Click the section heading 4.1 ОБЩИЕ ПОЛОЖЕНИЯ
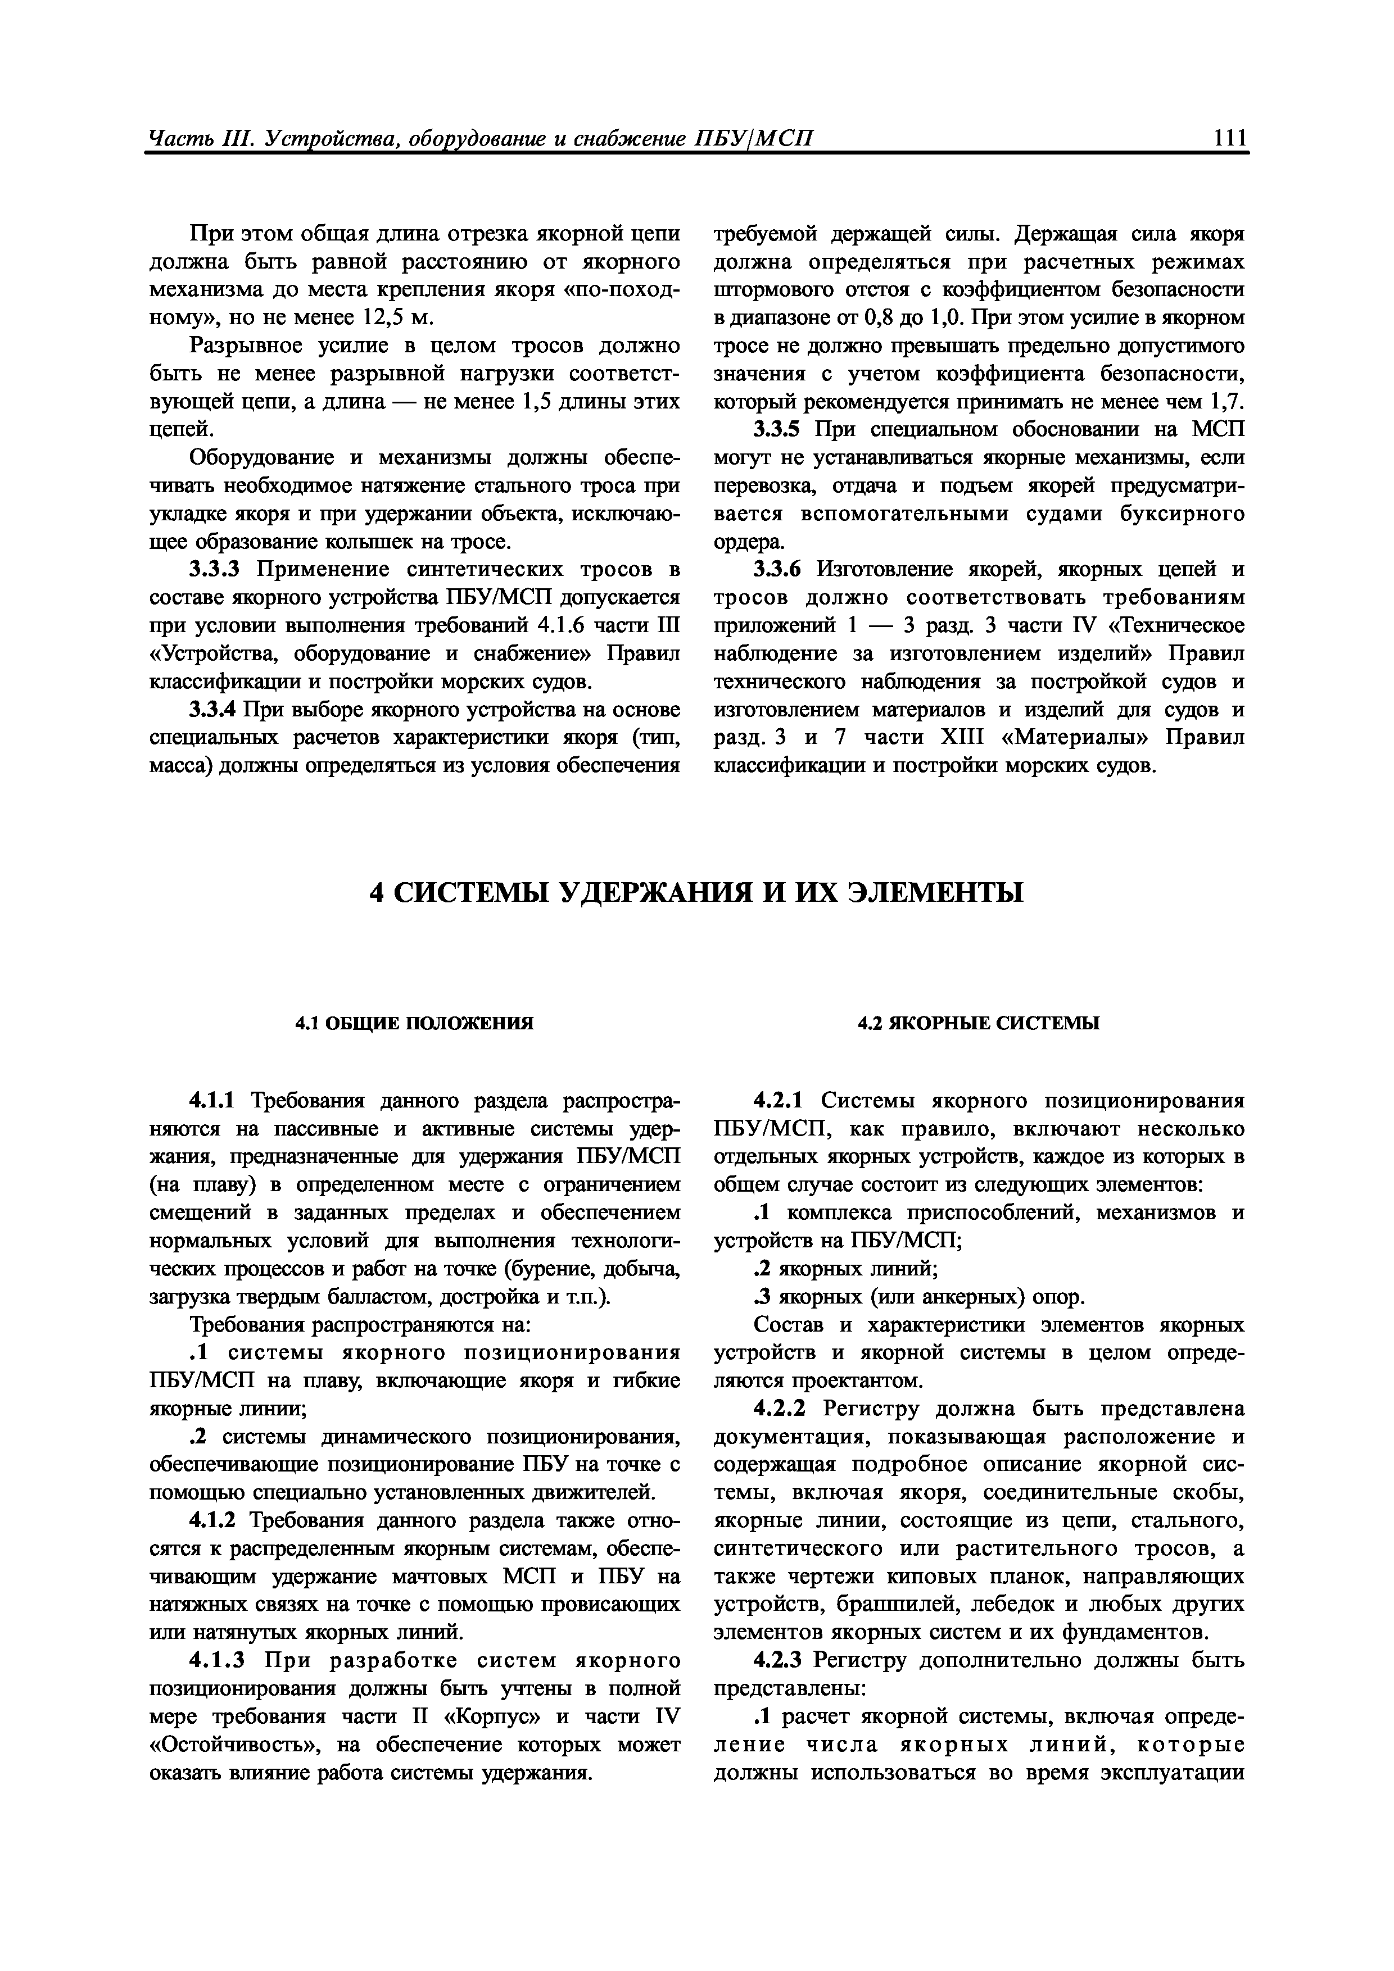(414, 1023)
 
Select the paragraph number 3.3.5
(782, 430)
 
